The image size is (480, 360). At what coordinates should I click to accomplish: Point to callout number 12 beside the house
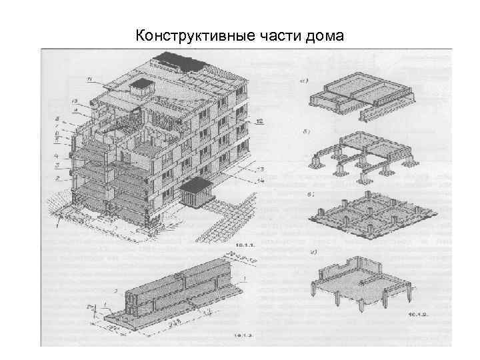(259, 121)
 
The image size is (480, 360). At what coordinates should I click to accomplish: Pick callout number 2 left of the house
(58, 179)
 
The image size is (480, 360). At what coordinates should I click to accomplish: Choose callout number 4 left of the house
(57, 155)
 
